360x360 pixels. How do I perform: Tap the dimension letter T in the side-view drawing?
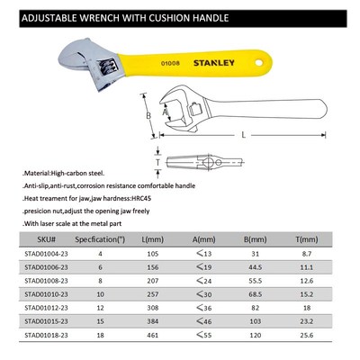pos(157,160)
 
